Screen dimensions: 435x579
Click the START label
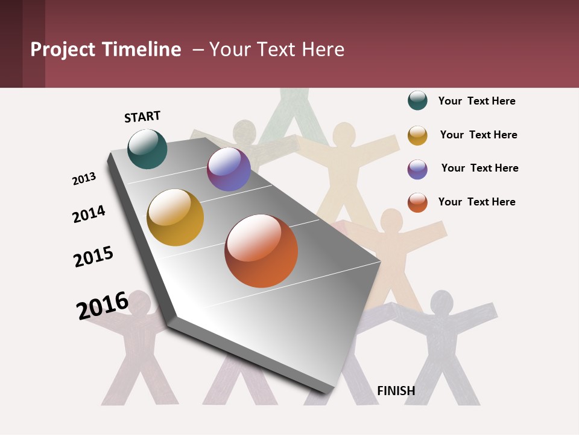142,117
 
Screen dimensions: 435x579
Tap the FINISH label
396,391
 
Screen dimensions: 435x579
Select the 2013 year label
84,179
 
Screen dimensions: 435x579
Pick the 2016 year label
103,306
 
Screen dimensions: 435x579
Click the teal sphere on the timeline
147,149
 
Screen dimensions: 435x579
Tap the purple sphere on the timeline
229,170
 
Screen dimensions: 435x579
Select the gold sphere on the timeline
176,217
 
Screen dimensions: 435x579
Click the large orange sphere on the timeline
261,251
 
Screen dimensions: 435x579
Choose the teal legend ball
417,100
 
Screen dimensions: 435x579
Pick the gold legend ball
417,135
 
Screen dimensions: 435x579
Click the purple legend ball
417,169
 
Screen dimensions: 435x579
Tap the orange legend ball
417,202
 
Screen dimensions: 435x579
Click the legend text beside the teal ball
476,101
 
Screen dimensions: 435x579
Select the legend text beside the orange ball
476,202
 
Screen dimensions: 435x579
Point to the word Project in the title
63,50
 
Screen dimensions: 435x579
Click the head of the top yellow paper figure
344,135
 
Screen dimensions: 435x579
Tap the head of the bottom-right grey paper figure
441,302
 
